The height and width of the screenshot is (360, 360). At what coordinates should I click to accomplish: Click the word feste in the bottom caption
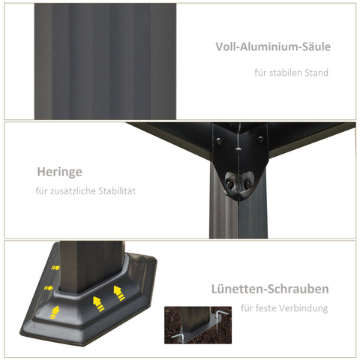click(x=268, y=307)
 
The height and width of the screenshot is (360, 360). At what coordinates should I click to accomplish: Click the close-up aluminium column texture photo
click(x=105, y=61)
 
